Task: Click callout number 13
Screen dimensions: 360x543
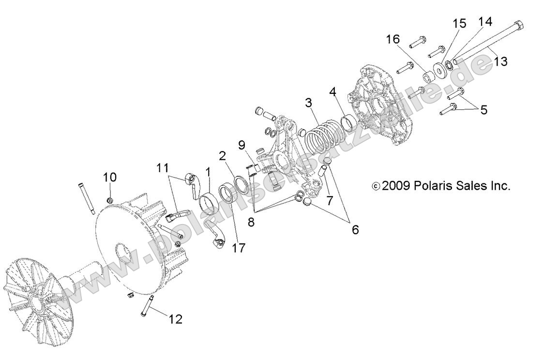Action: [500, 61]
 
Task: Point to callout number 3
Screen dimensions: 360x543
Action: [308, 103]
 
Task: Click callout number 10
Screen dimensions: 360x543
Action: [110, 177]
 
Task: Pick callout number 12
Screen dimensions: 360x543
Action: [175, 319]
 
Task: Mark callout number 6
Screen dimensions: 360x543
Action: [355, 229]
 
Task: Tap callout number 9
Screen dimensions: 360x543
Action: [241, 144]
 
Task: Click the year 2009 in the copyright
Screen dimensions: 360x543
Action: [395, 185]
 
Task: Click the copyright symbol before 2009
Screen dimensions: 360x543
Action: [376, 186]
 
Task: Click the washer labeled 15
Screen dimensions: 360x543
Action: [440, 70]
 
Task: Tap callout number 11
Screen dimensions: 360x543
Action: [163, 168]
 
